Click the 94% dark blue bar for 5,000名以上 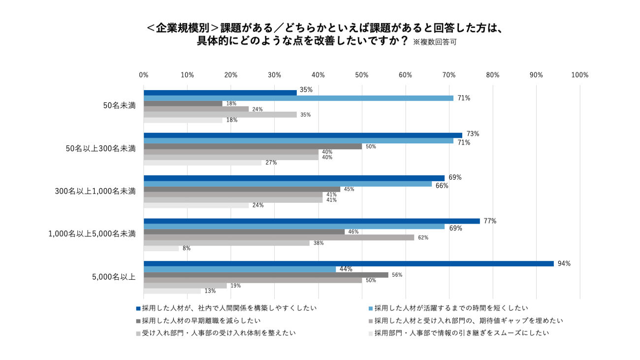coord(349,263)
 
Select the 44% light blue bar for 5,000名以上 coord(240,269)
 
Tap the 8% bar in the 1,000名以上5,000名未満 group coord(161,248)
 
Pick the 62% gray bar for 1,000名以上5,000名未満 coord(279,237)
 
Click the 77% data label coord(490,221)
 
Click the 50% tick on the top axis coord(362,75)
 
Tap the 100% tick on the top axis coord(580,75)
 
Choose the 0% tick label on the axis coord(144,75)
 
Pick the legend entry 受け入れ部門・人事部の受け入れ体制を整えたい coord(219,333)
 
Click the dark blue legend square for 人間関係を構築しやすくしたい coord(138,309)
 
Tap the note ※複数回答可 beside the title coord(435,42)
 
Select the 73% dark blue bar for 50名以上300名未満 coord(303,135)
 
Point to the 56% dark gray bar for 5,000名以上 coord(266,275)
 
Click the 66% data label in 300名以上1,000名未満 coord(442,186)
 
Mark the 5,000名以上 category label coord(114,277)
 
